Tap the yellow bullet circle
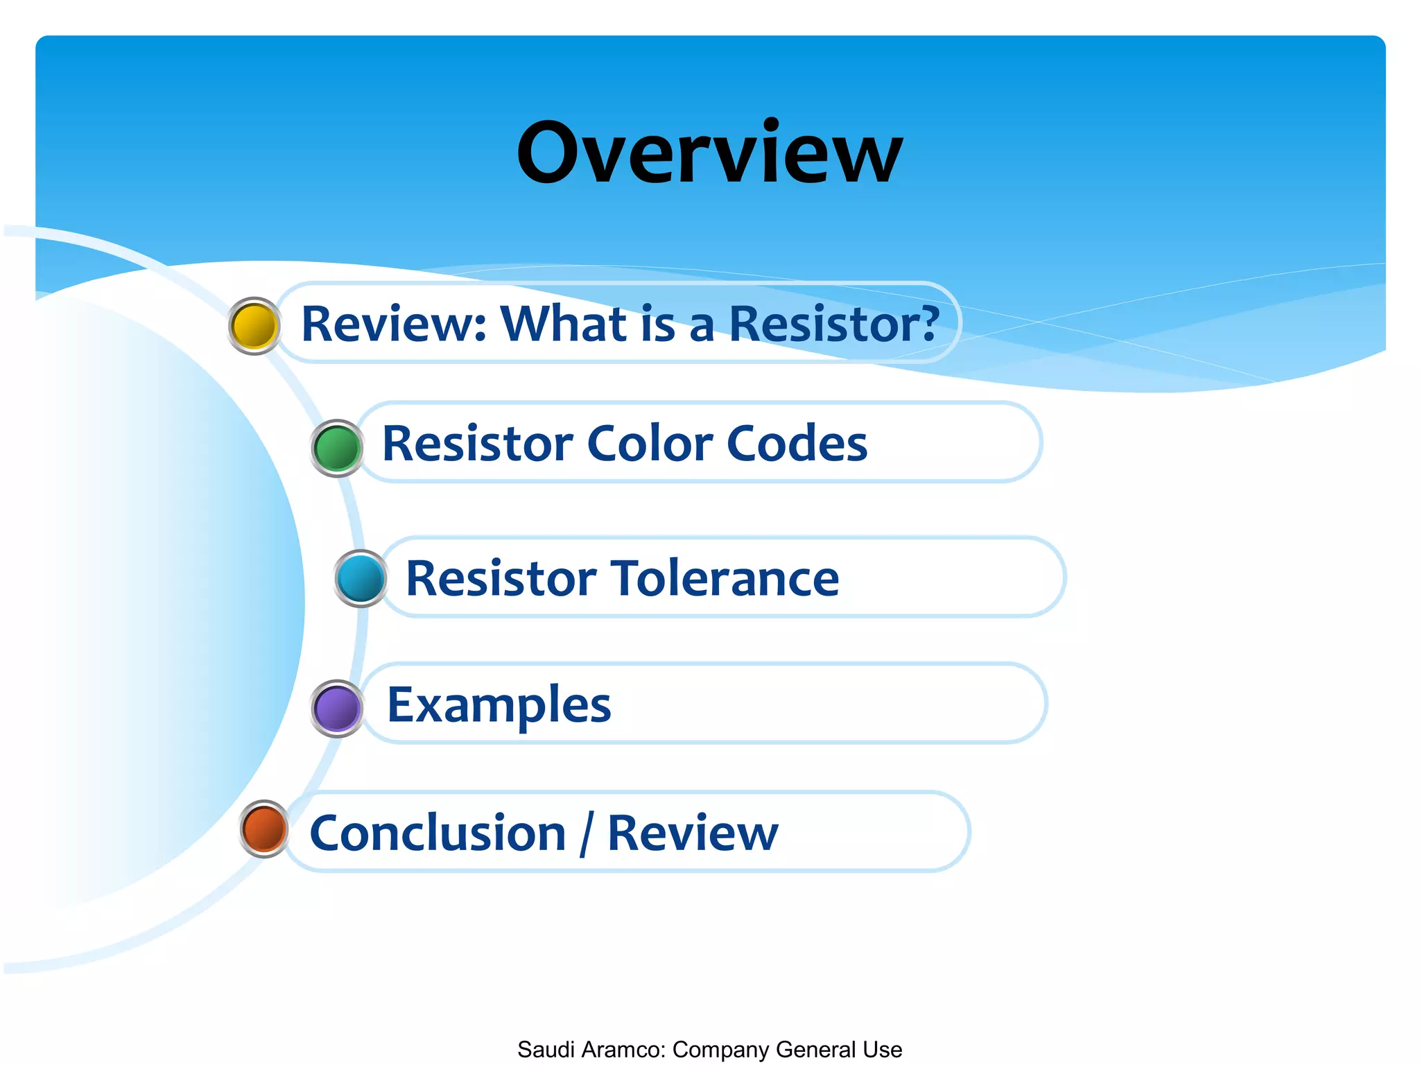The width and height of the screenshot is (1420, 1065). click(x=254, y=326)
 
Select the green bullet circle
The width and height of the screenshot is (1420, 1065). click(x=337, y=448)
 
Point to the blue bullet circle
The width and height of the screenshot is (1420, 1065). click(x=361, y=578)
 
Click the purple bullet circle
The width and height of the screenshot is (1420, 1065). click(x=337, y=708)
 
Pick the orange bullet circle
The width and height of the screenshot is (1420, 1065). click(x=264, y=829)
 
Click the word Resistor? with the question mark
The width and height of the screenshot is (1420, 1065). click(x=833, y=324)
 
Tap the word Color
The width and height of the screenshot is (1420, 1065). click(x=650, y=444)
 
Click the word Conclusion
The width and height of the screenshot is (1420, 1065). click(x=438, y=833)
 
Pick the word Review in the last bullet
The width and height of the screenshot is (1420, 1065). click(x=693, y=833)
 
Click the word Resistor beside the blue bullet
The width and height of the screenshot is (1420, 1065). click(x=501, y=578)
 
